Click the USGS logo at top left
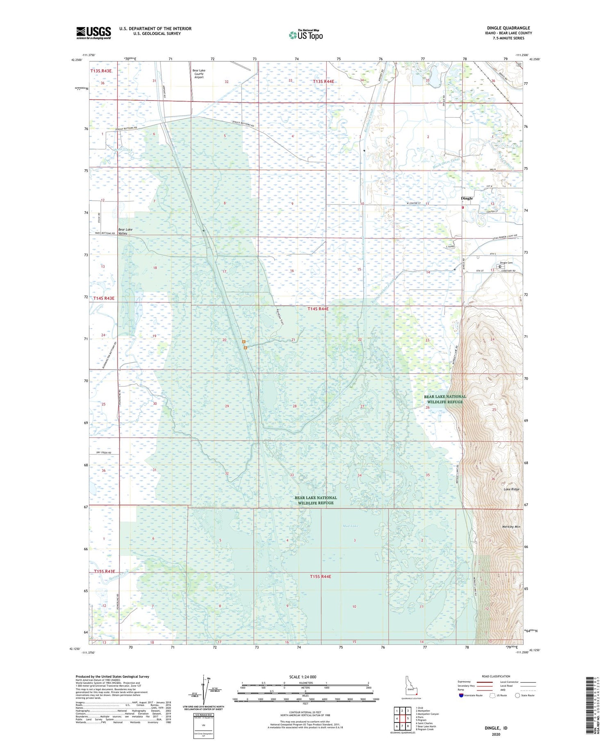pos(93,33)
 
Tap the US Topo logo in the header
pos(306,35)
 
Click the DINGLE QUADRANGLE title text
pos(508,28)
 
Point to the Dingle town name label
pos(467,198)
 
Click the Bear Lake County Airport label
pos(199,74)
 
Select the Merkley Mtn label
pos(511,527)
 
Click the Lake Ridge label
pos(511,489)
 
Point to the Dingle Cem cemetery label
pos(506,263)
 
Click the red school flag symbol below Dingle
pos(463,207)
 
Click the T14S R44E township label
pos(318,309)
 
